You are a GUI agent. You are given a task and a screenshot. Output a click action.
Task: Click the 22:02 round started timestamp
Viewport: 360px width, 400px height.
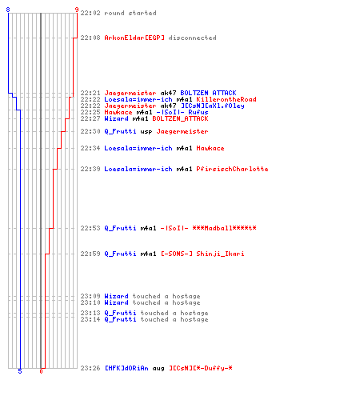[x=90, y=13]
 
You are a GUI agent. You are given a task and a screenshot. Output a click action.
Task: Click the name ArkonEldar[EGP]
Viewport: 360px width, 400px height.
[x=134, y=38]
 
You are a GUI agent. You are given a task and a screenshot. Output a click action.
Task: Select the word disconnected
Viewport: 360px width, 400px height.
[x=192, y=38]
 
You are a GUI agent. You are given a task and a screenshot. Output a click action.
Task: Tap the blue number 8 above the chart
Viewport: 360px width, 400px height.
[x=8, y=10]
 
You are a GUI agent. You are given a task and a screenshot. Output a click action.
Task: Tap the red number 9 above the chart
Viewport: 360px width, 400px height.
[x=77, y=10]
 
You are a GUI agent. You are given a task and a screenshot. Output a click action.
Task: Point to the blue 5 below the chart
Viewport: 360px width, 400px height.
[x=20, y=371]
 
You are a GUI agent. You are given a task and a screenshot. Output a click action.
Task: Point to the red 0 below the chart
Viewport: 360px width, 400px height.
[x=41, y=371]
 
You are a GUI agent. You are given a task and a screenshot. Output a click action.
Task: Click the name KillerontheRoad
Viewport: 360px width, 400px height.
[x=226, y=99]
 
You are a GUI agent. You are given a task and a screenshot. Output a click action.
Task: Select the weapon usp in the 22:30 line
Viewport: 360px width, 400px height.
[x=146, y=131]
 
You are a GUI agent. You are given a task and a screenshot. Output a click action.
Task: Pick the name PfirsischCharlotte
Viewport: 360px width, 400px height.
[x=232, y=169]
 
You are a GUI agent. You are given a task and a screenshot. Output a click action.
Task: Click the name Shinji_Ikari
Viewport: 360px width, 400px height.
[x=220, y=254]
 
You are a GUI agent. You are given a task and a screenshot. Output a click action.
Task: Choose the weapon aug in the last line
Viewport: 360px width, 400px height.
[x=158, y=368]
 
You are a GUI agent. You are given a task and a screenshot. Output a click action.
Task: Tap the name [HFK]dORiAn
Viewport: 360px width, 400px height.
[x=126, y=368]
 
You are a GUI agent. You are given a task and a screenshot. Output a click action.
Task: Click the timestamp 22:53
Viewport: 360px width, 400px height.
[x=90, y=228]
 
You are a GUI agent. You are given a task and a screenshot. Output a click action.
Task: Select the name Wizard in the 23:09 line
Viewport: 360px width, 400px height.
[x=116, y=296]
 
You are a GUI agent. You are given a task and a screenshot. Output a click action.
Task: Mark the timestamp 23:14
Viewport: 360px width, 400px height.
[x=90, y=319]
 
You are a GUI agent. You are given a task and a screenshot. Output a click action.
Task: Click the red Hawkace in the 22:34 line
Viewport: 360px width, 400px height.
[x=210, y=148]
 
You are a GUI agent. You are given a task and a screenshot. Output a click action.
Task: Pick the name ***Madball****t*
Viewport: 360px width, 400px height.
[x=224, y=228]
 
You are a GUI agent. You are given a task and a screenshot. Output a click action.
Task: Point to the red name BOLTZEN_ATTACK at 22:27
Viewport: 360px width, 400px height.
[x=180, y=118]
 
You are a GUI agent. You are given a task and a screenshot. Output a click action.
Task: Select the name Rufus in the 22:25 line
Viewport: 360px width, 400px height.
[x=198, y=112]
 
